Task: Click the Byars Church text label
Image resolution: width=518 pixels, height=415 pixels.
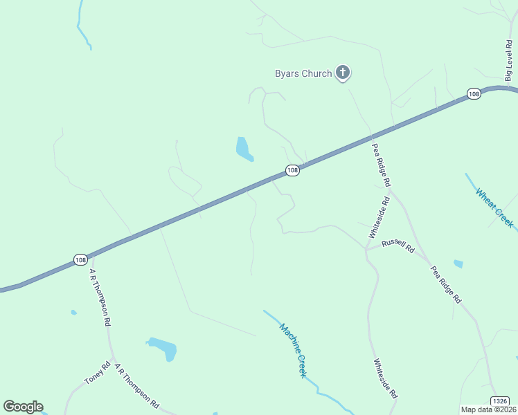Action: click(303, 73)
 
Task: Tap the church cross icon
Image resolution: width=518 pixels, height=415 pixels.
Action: click(342, 72)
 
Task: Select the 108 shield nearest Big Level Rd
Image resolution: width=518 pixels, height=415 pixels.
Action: click(474, 94)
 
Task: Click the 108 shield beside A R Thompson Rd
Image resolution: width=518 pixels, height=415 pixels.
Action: click(80, 259)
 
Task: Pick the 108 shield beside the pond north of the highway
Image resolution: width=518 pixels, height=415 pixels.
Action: click(292, 170)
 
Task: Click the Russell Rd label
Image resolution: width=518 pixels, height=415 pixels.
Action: click(398, 245)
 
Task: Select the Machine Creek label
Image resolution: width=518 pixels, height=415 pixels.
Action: click(293, 350)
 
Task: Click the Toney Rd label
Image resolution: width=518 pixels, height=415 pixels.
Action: click(97, 374)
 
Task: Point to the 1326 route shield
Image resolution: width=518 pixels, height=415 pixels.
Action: click(500, 401)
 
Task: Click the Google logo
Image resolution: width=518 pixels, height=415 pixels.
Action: click(23, 407)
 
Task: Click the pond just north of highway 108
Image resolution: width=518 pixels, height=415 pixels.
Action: click(243, 149)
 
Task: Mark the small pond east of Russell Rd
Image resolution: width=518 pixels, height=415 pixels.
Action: click(458, 264)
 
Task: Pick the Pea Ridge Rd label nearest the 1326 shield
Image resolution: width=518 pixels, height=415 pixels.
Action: click(445, 285)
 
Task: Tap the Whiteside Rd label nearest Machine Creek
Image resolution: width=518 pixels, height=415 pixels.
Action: click(385, 378)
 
